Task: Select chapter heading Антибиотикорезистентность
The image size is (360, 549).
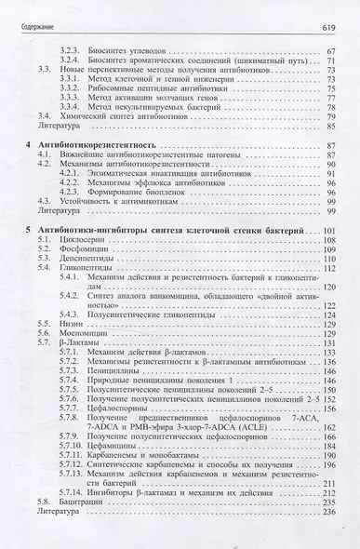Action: [x=97, y=147]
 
